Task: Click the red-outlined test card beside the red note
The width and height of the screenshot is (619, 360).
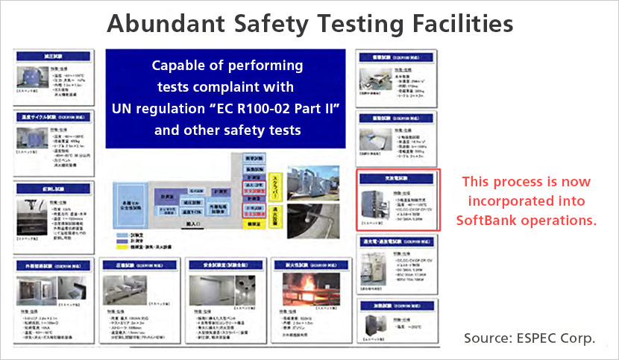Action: pyautogui.click(x=398, y=199)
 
